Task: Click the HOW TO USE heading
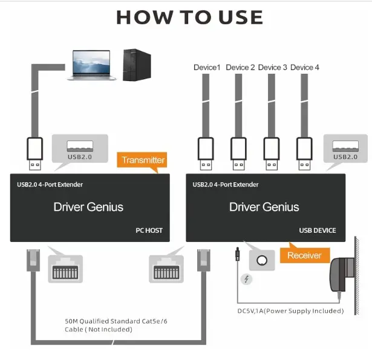click(189, 18)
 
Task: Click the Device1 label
click(207, 67)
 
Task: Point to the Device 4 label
click(305, 67)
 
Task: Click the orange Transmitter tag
click(143, 160)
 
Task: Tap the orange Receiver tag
click(304, 255)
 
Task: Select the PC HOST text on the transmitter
click(149, 231)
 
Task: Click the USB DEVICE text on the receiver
click(318, 231)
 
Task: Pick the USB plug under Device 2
click(239, 154)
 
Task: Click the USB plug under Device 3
click(272, 154)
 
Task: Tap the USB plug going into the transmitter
click(34, 154)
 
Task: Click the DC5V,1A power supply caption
click(290, 311)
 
